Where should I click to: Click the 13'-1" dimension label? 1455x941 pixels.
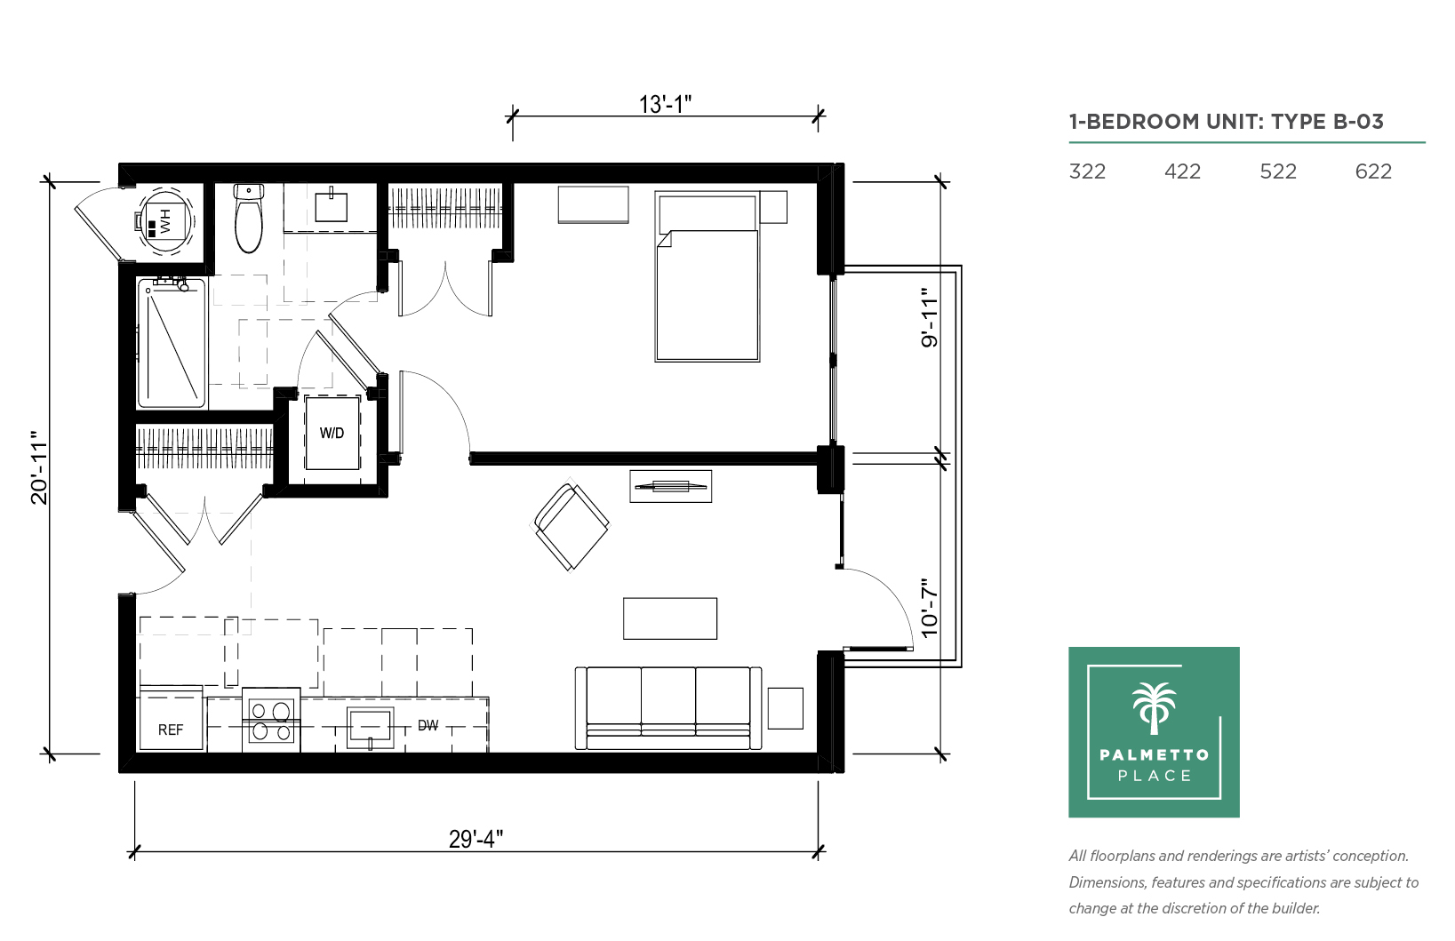pos(665,104)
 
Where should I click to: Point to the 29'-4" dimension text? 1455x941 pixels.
pos(476,839)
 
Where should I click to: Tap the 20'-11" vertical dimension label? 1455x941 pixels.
pos(39,467)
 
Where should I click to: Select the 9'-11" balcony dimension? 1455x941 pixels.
pos(930,317)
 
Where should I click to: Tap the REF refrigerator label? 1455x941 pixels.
pos(171,730)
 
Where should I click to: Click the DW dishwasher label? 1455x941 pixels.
pos(428,725)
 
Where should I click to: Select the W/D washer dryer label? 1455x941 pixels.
pos(332,433)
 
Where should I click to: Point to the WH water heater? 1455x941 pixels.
pos(165,220)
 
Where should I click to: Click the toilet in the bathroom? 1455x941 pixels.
pos(248,219)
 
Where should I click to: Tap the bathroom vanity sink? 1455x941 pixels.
pos(331,205)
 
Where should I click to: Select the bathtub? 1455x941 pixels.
pos(172,342)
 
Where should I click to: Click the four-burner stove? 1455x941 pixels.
pos(271,721)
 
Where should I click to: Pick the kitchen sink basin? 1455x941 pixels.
pos(371,727)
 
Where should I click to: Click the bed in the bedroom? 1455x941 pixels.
pos(707,276)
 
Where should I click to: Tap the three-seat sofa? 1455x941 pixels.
pos(668,708)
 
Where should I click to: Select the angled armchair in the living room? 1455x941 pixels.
pos(571,526)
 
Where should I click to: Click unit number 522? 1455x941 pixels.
pos(1277,171)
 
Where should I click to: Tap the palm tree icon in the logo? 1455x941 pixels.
pos(1154,708)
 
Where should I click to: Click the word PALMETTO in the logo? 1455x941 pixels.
pos(1155,754)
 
